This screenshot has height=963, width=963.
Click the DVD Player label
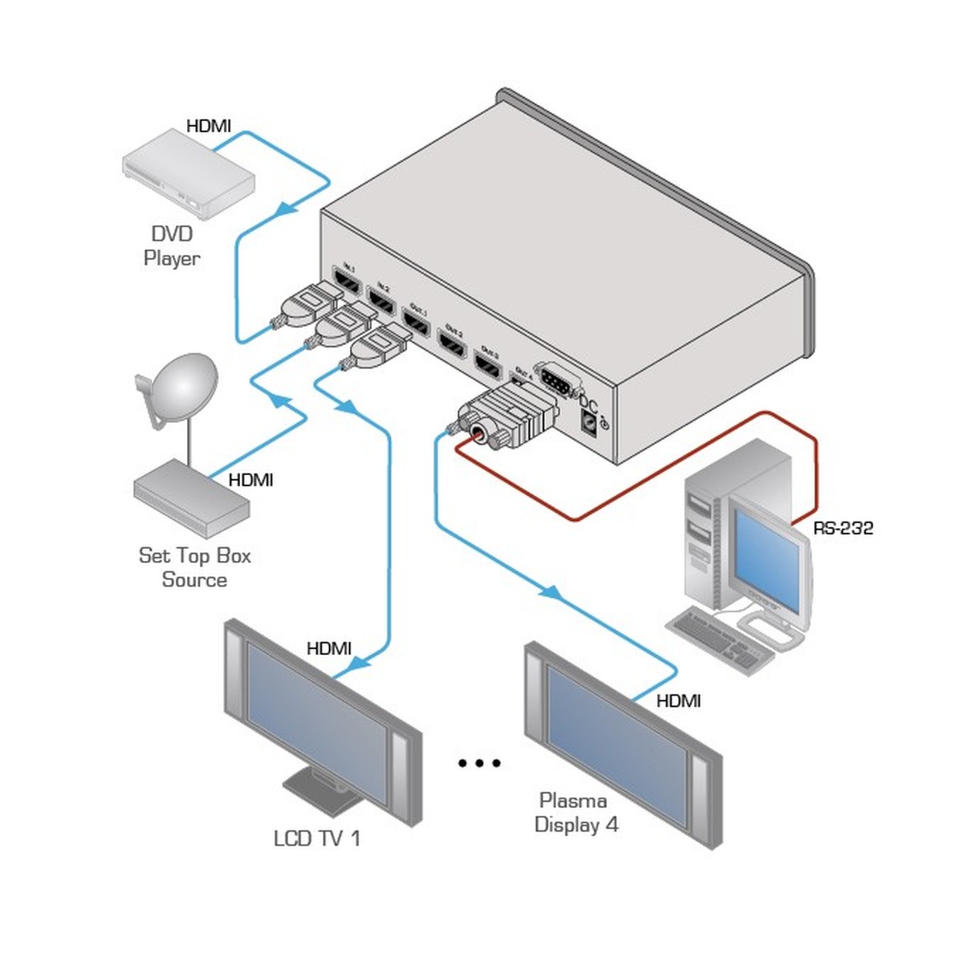[172, 246]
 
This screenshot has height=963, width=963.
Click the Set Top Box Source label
[194, 567]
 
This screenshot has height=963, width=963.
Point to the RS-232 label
[843, 528]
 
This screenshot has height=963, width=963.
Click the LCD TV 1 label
[317, 839]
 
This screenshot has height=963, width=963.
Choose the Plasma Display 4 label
[576, 812]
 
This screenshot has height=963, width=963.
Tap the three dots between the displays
[479, 762]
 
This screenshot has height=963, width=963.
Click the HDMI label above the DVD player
[209, 126]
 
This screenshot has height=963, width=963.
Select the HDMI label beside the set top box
[250, 480]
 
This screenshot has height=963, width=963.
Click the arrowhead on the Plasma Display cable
[550, 592]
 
